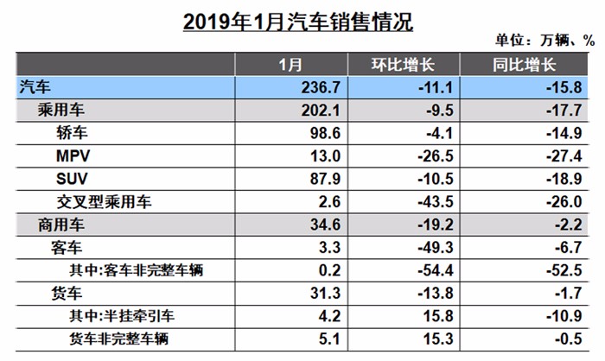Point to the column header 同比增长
517,65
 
